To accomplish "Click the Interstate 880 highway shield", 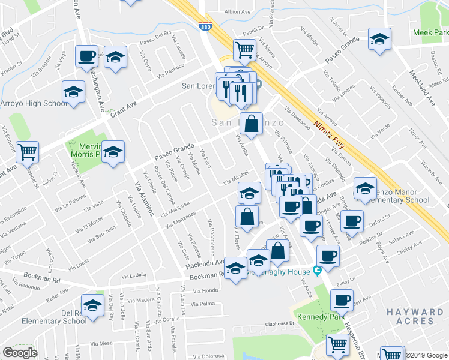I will (205, 26).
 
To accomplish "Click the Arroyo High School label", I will (34, 103).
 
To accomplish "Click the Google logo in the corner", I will (20, 353).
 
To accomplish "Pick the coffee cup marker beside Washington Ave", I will (86, 56).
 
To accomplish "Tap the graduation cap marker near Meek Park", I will (378, 40).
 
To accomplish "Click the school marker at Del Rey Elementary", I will (93, 305).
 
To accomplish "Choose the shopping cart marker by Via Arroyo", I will (244, 49).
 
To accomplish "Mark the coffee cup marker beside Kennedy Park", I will (342, 300).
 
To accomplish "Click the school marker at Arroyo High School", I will (73, 92).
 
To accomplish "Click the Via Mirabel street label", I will (236, 179).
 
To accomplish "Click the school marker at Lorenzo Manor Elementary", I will (364, 189).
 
